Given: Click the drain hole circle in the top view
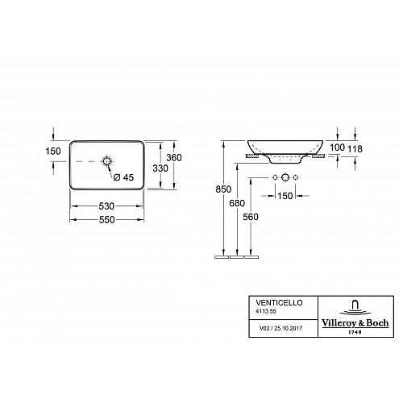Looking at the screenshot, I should coord(107,162).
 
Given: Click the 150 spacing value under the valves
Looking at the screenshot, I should coord(286,194).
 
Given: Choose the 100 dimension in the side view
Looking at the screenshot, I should coord(337,147).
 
